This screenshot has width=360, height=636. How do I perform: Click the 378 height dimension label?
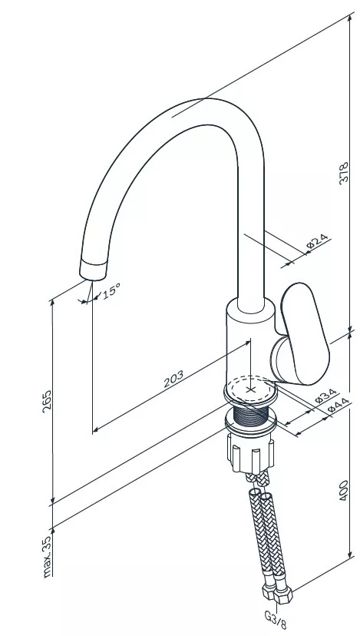pos(344,173)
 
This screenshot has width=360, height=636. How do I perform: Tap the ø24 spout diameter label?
pos(318,241)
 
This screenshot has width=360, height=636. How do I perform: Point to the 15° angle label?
pos(111,291)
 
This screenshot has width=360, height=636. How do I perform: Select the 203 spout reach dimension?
pos(173,379)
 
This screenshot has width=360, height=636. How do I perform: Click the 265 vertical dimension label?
pos(48,401)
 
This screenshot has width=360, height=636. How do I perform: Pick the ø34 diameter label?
pos(326,396)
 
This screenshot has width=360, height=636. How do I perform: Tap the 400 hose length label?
pos(344,490)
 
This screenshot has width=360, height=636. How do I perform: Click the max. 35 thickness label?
pos(48,556)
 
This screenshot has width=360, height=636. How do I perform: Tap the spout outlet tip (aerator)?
pos(94,270)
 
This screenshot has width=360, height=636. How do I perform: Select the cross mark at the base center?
pos(251,389)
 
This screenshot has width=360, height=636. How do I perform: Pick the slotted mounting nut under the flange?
pos(250,452)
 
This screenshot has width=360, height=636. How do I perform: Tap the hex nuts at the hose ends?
pos(277,593)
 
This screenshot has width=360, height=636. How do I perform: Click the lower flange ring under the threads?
pos(251,425)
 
